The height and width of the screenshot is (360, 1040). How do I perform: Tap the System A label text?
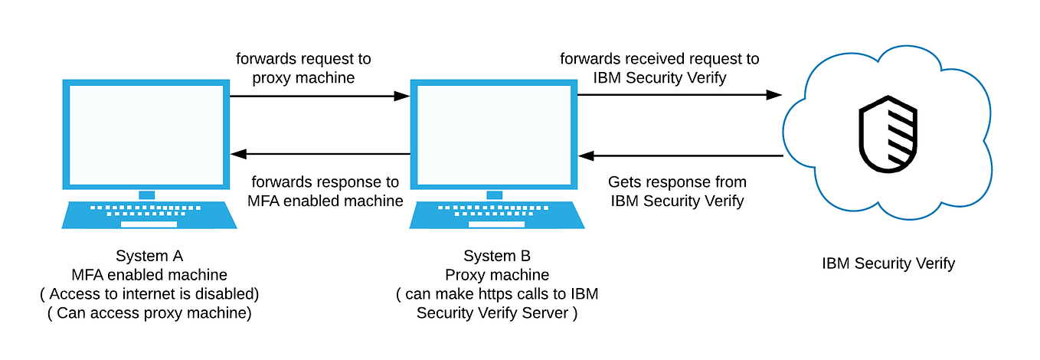coord(149,256)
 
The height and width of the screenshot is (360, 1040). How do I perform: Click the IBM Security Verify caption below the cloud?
coord(888,263)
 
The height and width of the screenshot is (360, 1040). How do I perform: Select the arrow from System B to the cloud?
coord(679,95)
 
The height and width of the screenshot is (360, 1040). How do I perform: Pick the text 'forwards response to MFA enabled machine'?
coord(325,191)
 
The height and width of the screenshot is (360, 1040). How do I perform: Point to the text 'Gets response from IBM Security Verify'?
coord(677,191)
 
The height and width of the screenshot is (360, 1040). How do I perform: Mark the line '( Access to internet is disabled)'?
coord(149,294)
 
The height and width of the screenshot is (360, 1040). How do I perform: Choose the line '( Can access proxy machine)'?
coord(149,313)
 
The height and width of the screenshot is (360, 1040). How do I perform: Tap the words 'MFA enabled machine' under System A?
coord(149,275)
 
